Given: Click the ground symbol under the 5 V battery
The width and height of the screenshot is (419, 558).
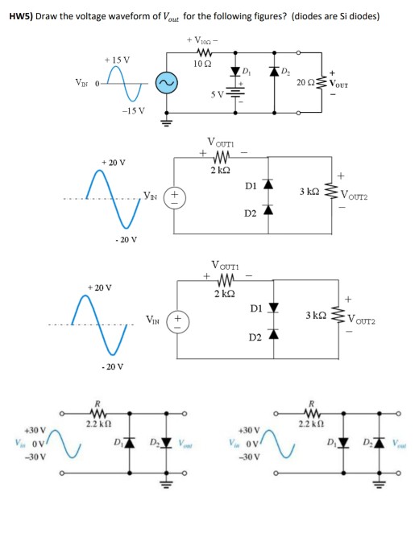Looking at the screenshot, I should tap(237, 120).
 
